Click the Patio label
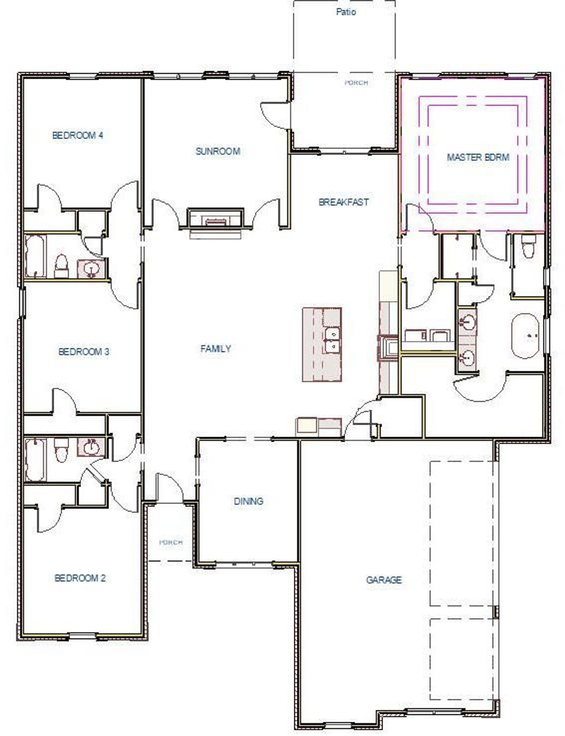[346, 12]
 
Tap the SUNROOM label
[218, 152]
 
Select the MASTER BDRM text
[478, 157]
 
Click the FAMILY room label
[215, 349]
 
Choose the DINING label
[249, 501]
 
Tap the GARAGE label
[384, 580]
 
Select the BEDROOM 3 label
[84, 352]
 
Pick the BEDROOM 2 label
[80, 578]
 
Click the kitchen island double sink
[332, 340]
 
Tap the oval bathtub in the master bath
[525, 336]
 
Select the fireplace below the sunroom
[215, 218]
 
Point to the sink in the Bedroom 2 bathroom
[91, 447]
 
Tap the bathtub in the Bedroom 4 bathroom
[35, 256]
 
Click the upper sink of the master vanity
[467, 322]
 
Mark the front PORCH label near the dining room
[171, 542]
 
